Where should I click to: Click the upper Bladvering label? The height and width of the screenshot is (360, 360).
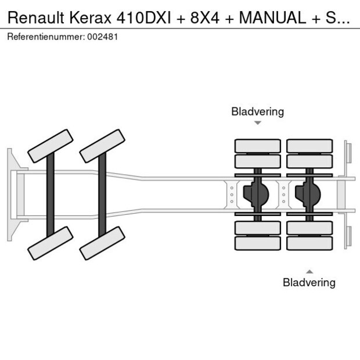[257, 111]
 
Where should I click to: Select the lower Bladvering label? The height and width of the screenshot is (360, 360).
[309, 283]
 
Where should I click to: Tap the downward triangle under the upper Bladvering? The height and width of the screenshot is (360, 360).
[258, 123]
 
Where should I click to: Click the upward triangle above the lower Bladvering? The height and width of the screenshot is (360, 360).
[309, 271]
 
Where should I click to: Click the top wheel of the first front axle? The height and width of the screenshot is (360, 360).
[51, 146]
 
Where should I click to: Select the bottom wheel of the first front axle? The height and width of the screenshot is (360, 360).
[51, 243]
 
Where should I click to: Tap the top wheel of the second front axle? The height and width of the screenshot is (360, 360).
[103, 146]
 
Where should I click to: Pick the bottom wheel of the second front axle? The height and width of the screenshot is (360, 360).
[103, 243]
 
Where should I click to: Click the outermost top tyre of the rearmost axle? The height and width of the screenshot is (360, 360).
[309, 146]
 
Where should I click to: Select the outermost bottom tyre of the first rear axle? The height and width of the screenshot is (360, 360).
[258, 243]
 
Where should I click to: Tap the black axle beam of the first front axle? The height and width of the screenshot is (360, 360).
[51, 194]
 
